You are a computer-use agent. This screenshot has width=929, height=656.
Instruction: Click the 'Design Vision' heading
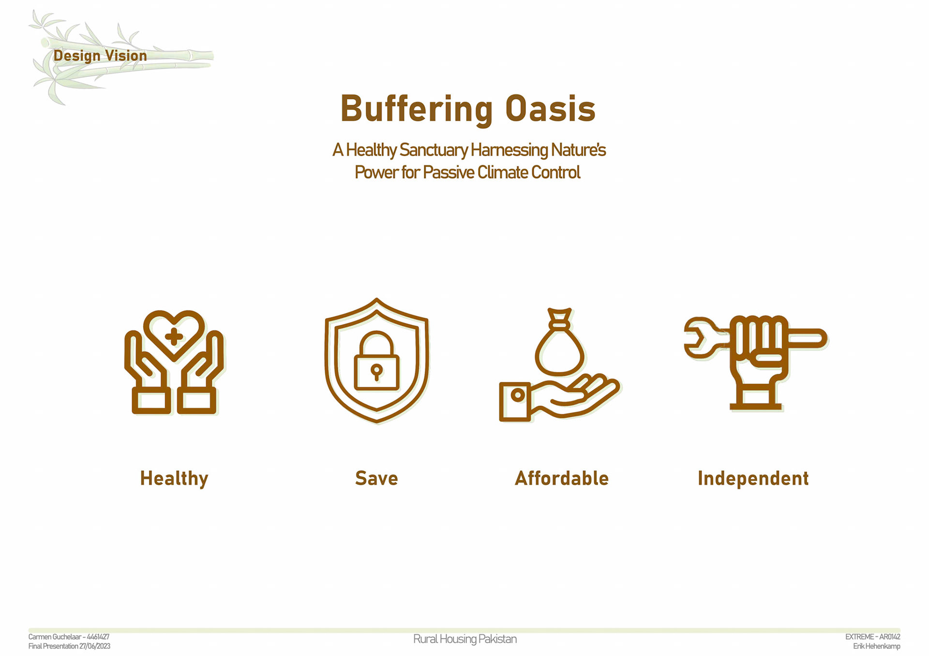(x=100, y=56)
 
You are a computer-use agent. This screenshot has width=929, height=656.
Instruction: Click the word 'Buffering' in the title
(x=417, y=109)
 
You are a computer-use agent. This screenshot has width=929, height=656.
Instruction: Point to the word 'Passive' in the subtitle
(x=449, y=172)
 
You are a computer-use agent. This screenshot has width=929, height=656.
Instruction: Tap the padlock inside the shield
(x=376, y=361)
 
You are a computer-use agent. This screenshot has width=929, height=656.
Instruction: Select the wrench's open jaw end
(x=697, y=338)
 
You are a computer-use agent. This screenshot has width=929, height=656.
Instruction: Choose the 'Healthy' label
(x=174, y=479)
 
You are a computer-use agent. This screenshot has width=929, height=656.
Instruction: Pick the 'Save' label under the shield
(x=376, y=478)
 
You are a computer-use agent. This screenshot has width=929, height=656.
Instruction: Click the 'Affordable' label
(x=562, y=478)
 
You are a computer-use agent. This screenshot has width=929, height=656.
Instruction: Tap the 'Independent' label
(x=753, y=478)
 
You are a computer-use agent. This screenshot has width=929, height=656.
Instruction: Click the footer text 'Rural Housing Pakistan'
(x=465, y=639)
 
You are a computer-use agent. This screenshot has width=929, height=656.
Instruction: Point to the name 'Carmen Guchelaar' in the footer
(x=54, y=637)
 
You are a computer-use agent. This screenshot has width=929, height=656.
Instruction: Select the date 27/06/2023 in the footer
(x=95, y=646)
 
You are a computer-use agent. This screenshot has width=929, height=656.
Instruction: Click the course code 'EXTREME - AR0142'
(x=873, y=637)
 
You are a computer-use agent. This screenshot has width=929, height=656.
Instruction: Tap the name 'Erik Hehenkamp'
(x=877, y=646)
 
